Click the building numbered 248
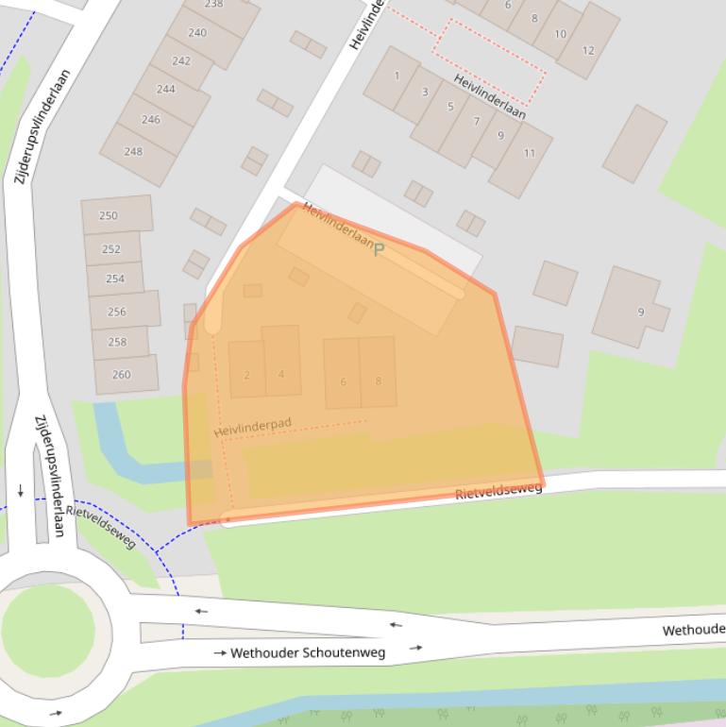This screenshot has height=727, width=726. click(134, 151)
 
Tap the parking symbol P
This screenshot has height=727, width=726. click(379, 249)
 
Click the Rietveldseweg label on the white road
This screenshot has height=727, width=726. click(498, 491)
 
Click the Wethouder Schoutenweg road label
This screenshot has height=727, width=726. click(308, 652)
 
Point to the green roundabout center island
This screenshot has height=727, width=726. click(47, 630)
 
